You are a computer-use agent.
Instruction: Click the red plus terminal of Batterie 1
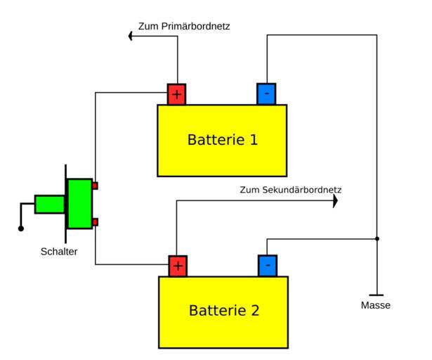(176, 94)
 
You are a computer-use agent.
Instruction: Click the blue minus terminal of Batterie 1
(266, 94)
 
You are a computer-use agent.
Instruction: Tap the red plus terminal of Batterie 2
(178, 266)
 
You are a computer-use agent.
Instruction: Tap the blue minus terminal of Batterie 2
(268, 266)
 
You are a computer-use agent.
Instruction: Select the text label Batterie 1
(222, 139)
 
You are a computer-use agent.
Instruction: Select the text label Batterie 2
(223, 309)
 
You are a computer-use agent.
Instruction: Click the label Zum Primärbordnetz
(185, 27)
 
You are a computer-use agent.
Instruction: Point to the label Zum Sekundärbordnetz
(291, 190)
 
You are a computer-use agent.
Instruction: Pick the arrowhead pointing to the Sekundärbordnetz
(334, 201)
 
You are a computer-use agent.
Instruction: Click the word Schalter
(58, 251)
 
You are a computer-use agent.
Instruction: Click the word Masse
(376, 306)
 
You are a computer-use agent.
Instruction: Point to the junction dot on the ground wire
(377, 239)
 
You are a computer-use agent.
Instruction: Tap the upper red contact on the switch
(95, 186)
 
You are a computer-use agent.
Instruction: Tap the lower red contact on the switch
(95, 222)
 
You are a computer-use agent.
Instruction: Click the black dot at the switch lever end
(21, 229)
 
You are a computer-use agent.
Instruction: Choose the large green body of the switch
(79, 204)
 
